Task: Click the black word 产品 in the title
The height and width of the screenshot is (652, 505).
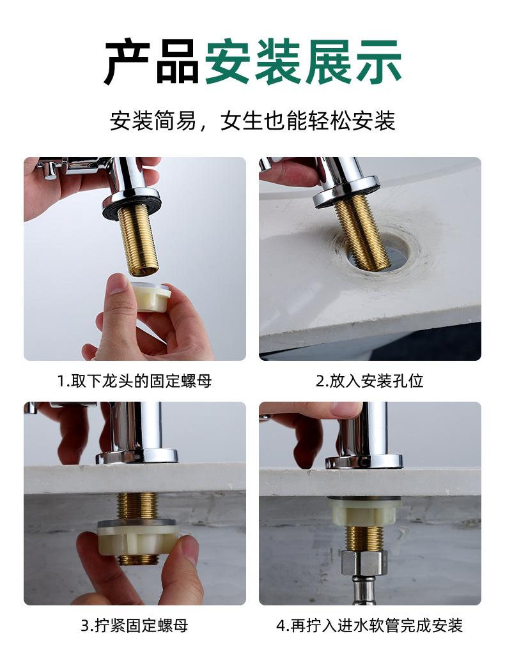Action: click(151, 61)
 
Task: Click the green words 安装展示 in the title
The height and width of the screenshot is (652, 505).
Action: click(304, 61)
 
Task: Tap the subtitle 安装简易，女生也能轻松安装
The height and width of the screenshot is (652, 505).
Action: click(252, 121)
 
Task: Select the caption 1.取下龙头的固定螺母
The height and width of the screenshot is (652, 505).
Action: click(134, 381)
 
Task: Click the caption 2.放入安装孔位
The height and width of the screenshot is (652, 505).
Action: click(369, 381)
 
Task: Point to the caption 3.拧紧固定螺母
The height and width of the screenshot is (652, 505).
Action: click(134, 625)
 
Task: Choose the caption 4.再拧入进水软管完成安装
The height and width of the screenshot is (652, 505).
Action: click(369, 625)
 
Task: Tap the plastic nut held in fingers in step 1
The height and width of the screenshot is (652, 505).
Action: click(150, 296)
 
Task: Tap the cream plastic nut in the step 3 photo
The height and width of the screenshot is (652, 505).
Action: click(137, 538)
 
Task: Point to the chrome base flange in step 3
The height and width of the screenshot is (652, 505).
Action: click(137, 457)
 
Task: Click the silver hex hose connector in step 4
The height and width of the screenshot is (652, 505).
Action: click(364, 562)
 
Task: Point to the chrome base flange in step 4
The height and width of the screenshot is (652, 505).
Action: click(364, 462)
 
